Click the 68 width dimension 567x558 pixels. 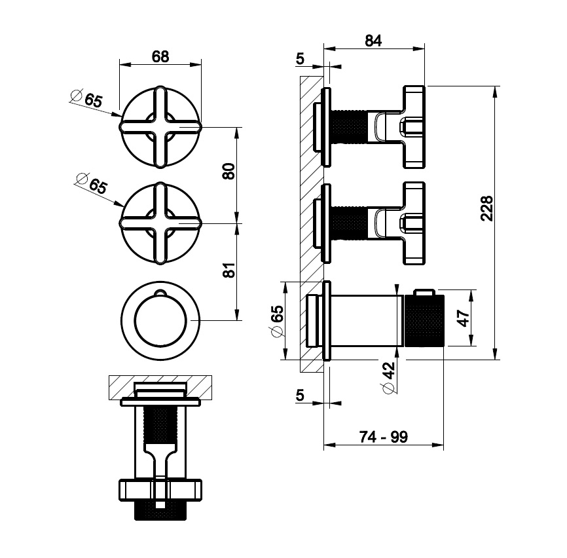(x=160, y=57)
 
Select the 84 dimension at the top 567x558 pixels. (x=373, y=41)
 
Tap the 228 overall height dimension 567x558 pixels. (x=486, y=208)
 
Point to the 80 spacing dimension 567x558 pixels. (x=229, y=171)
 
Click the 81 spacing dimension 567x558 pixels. (x=229, y=270)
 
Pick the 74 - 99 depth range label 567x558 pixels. (x=383, y=437)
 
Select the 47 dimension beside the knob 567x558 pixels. (x=464, y=318)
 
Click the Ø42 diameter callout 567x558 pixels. (x=388, y=377)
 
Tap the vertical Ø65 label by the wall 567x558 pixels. (x=277, y=321)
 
